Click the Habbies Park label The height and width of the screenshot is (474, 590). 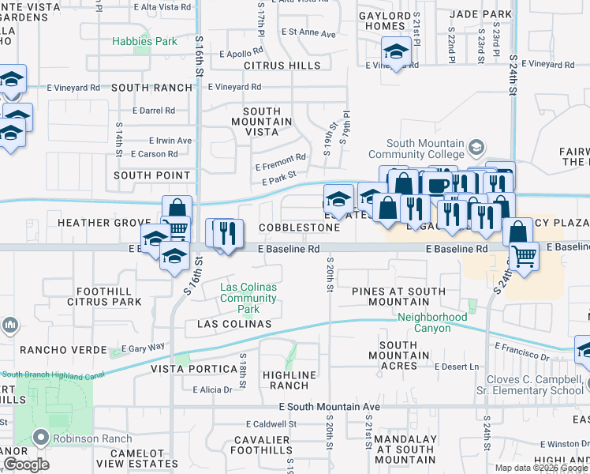pos(144,41)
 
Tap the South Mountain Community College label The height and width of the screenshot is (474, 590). pos(407,149)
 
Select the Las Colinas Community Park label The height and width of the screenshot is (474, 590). pos(248,298)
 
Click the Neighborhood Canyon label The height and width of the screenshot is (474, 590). pos(431,322)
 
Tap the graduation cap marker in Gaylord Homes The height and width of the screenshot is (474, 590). pos(394,53)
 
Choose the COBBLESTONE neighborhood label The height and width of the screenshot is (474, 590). pos(301,228)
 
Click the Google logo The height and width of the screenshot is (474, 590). pos(27,465)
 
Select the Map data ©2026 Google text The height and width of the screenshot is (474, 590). pos(541,468)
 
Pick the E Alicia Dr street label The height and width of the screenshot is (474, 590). pos(212,389)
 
